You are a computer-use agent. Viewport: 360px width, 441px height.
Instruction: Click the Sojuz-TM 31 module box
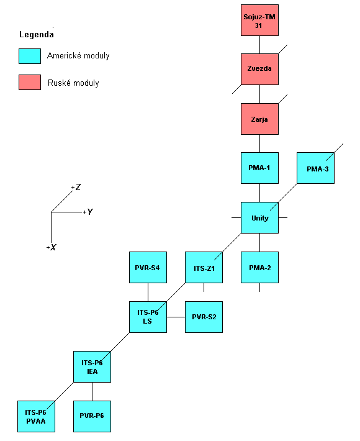tap(259, 20)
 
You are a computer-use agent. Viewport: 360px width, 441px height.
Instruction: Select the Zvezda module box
tap(259, 69)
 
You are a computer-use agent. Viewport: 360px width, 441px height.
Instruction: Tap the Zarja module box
tap(259, 119)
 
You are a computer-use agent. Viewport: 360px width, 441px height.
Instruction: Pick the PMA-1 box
tap(259, 168)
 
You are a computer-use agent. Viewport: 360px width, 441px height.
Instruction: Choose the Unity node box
tap(259, 217)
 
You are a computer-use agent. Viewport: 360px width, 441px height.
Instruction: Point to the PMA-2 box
tap(259, 267)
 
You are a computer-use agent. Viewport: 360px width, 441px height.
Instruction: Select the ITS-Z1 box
tap(204, 267)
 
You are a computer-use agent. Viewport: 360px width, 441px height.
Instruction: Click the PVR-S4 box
tap(148, 267)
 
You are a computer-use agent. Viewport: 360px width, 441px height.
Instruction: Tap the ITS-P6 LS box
tap(148, 316)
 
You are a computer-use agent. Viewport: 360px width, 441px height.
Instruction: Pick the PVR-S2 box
tap(204, 316)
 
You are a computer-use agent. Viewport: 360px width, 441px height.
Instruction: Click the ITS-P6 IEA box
tap(92, 366)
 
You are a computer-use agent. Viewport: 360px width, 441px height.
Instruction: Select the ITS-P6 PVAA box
tap(36, 416)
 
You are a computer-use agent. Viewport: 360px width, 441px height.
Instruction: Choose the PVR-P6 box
tap(92, 416)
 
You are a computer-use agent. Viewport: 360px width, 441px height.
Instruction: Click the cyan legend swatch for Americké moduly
tap(30, 57)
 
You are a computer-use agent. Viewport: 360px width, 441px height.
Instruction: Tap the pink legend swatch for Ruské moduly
tap(30, 82)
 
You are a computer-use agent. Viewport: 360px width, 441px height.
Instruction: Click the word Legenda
tap(36, 34)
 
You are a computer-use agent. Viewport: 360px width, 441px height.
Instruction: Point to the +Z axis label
tap(76, 187)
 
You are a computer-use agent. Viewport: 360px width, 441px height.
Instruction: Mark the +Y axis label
tap(88, 212)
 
